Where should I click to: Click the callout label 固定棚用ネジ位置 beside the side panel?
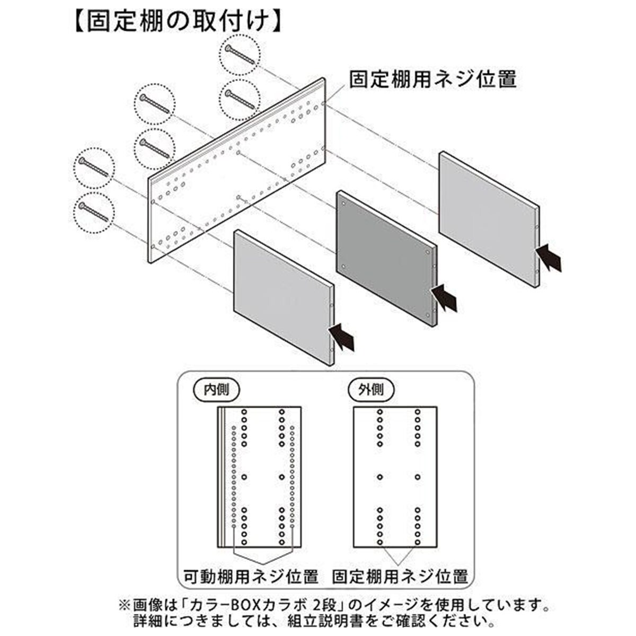coord(432,79)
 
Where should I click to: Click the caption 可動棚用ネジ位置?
coord(251,576)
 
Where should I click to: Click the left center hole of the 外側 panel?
coord(380,477)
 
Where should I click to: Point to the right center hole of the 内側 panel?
coord(282,477)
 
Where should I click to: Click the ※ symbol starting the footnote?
coord(123,605)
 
